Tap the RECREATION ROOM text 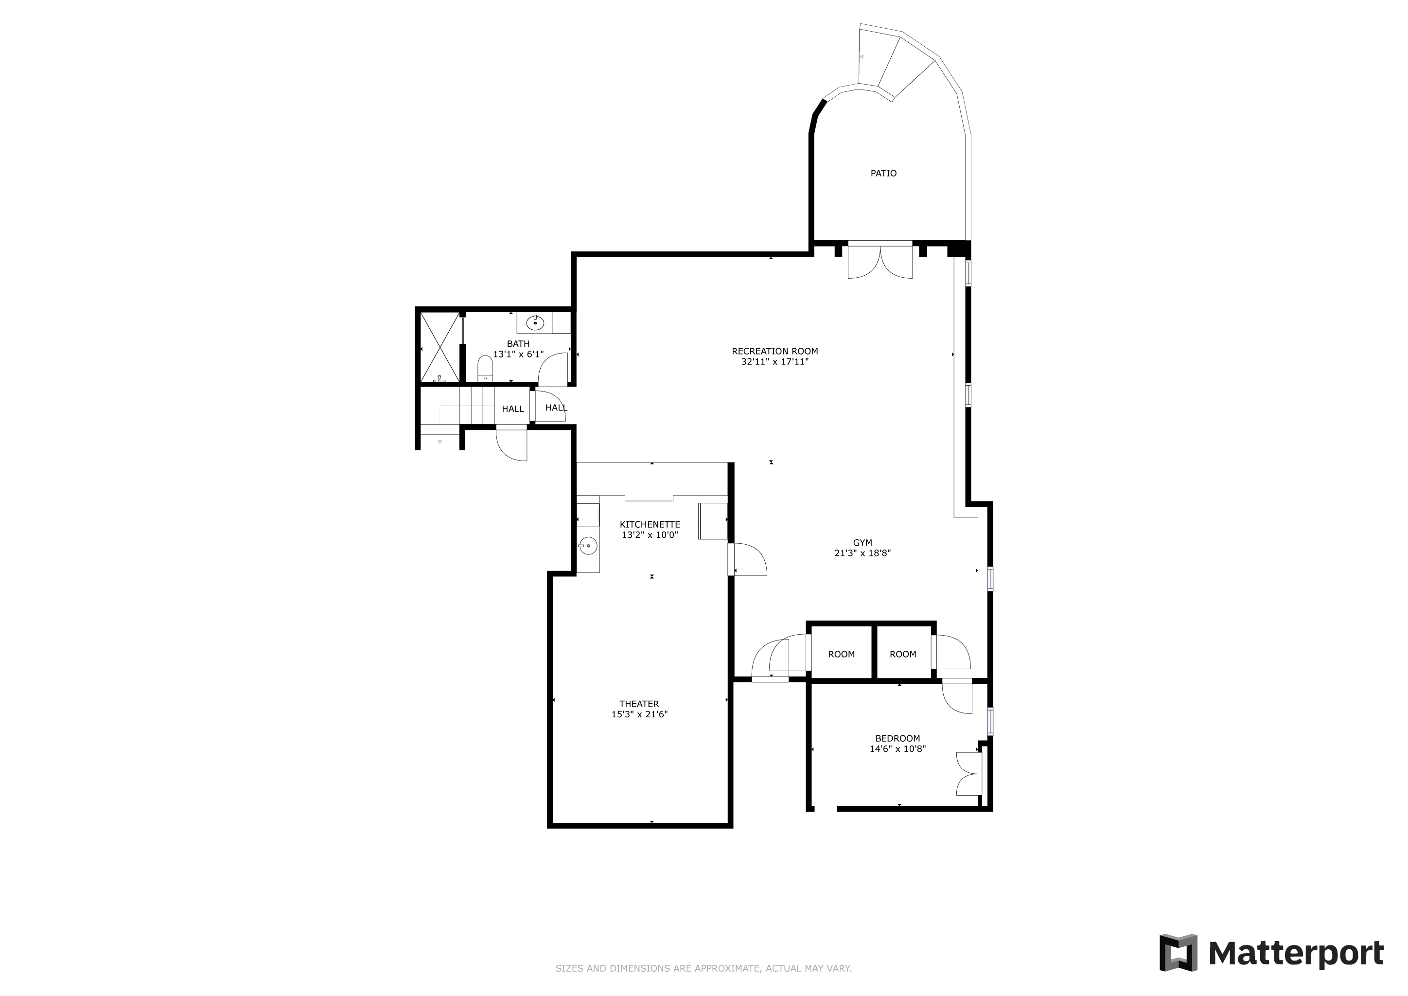click(774, 352)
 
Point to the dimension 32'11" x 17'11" click(774, 362)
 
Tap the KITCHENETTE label click(650, 524)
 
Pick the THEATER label click(639, 704)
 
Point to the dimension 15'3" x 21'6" click(639, 714)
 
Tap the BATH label click(518, 344)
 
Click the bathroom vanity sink click(535, 322)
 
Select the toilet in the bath click(485, 370)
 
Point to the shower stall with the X click(440, 347)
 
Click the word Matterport click(1296, 954)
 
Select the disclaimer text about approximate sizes click(704, 968)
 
